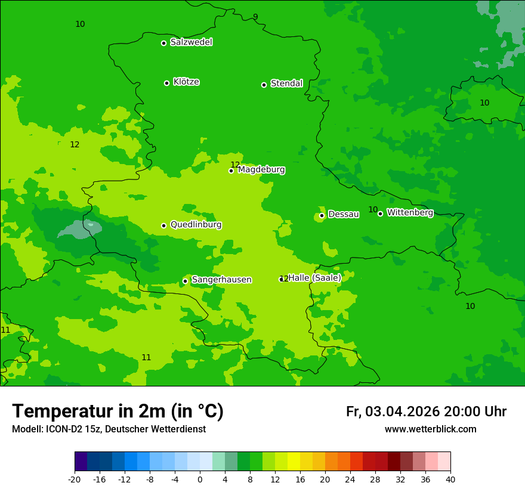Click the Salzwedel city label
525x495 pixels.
click(x=191, y=42)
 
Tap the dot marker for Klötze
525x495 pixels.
click(x=166, y=83)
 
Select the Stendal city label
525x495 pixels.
click(x=286, y=83)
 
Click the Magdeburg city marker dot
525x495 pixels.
click(x=231, y=171)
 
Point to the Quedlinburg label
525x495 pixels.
click(x=196, y=225)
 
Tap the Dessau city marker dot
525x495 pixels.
click(x=322, y=215)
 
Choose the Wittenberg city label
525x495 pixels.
click(x=410, y=212)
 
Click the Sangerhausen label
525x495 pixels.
click(x=221, y=280)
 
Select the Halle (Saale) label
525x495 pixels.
click(x=314, y=278)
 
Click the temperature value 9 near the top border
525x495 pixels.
click(x=255, y=17)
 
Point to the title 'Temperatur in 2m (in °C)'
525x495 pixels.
click(x=118, y=412)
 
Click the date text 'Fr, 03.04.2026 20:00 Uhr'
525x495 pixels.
click(x=426, y=412)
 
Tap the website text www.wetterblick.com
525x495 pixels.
click(x=430, y=429)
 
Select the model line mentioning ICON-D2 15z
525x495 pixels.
click(x=109, y=429)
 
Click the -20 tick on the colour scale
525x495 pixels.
click(x=75, y=479)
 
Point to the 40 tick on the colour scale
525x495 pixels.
click(x=450, y=479)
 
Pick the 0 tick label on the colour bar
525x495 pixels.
click(x=200, y=479)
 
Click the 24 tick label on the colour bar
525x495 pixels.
click(x=350, y=479)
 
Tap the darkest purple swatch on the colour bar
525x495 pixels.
click(x=81, y=462)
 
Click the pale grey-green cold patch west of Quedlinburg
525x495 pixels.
click(x=81, y=228)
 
